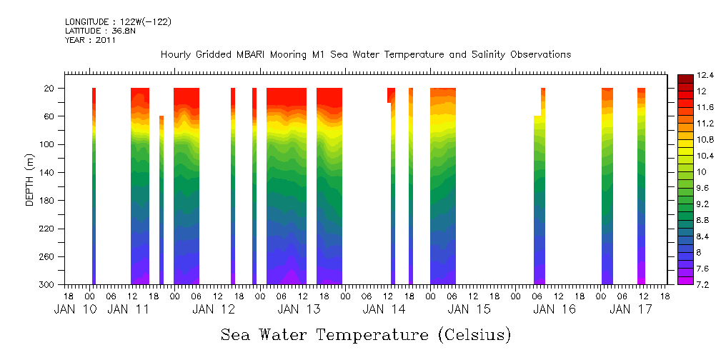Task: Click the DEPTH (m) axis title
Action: (x=30, y=181)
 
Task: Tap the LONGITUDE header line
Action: (x=118, y=22)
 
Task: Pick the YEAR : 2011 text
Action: (x=90, y=40)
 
